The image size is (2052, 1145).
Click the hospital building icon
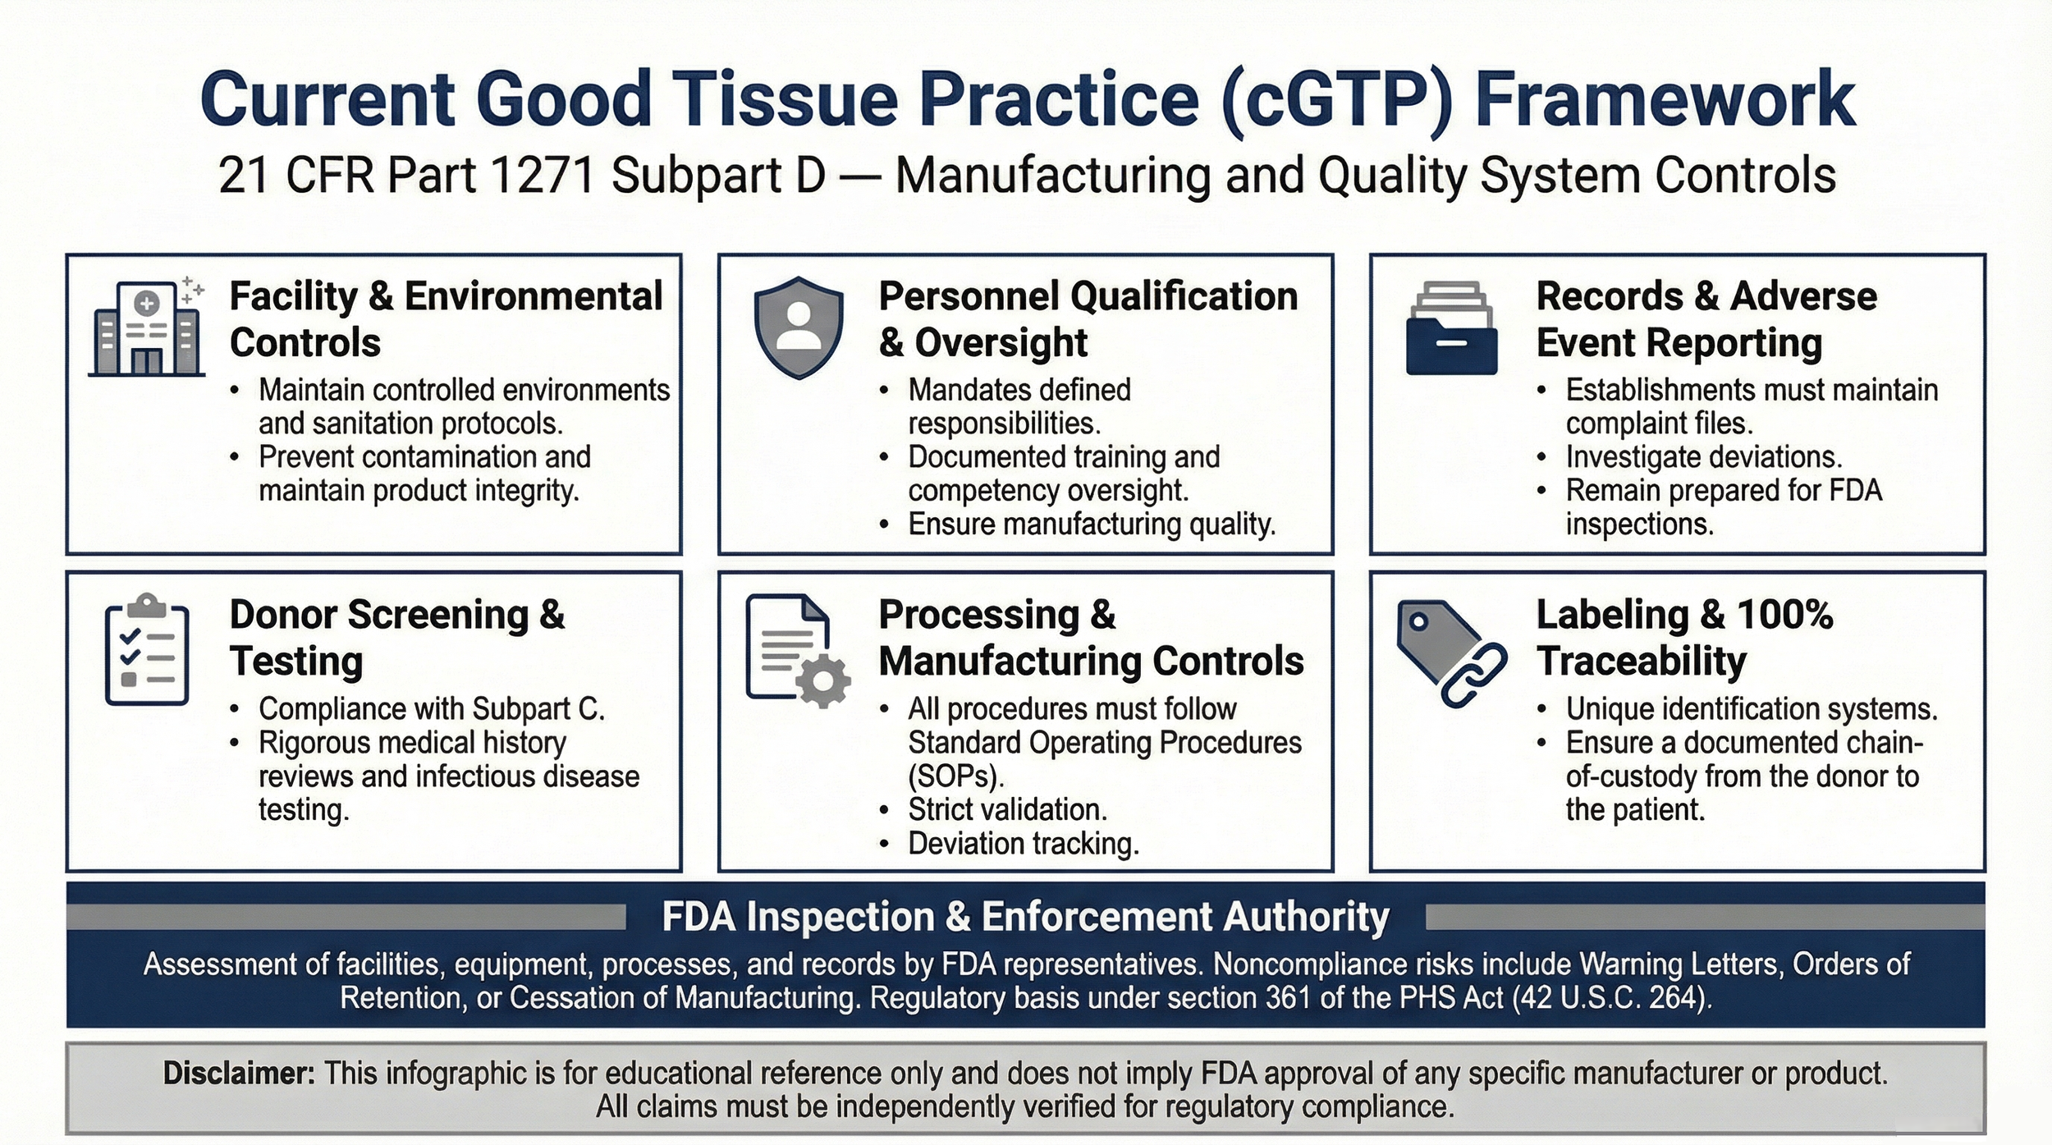point(147,327)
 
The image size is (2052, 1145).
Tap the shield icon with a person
point(798,327)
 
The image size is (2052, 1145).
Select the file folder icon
point(1451,328)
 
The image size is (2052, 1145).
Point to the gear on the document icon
point(823,680)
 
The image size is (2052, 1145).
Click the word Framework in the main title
point(1665,98)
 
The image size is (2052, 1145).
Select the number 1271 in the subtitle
point(542,176)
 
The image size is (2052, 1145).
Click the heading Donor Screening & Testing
point(396,637)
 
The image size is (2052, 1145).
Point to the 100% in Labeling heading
point(1784,614)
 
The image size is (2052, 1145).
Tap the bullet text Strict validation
point(1007,809)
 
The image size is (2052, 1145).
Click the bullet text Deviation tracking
point(1023,844)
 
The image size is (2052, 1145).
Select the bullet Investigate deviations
point(1703,456)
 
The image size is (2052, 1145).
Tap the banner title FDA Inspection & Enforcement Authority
point(1025,917)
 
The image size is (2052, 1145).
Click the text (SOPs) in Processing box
point(955,776)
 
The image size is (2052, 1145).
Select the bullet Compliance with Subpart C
point(431,708)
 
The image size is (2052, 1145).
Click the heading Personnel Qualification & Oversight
point(1088,318)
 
